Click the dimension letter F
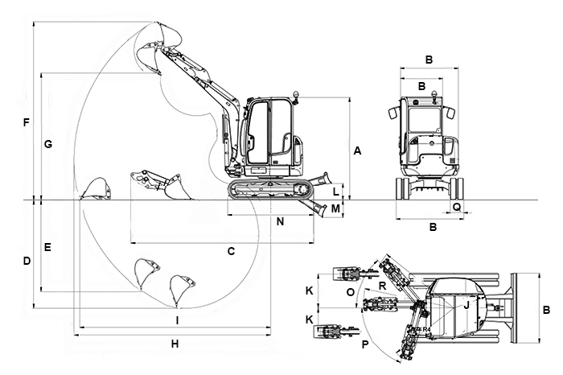click(x=27, y=123)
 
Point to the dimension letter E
click(x=48, y=247)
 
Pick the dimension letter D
click(x=27, y=262)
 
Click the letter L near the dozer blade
click(x=336, y=192)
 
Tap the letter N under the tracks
click(x=280, y=220)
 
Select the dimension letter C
click(x=231, y=251)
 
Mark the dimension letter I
click(x=177, y=320)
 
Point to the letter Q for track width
click(x=457, y=207)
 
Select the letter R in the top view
click(x=382, y=286)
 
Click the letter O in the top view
click(x=350, y=292)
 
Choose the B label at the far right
click(x=546, y=310)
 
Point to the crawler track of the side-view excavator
click(x=269, y=190)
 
